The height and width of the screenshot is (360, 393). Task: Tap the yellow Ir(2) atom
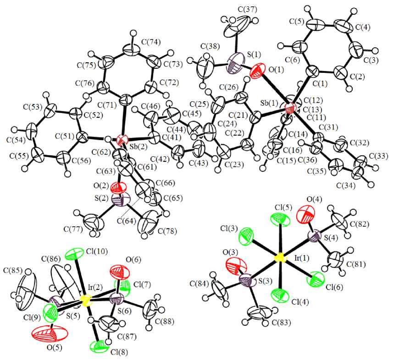tap(85, 300)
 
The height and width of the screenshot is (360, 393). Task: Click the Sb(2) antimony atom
tap(122, 140)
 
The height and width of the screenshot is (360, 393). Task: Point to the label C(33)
tap(377, 157)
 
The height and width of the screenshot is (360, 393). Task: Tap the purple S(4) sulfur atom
tap(316, 237)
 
